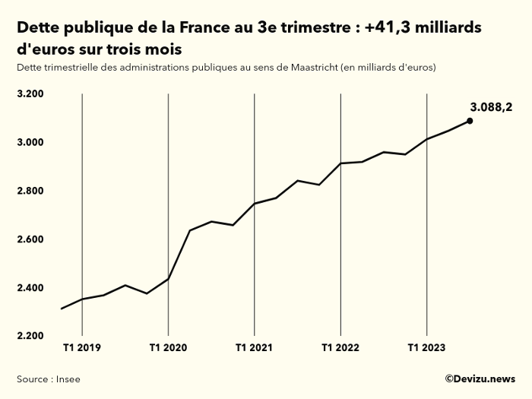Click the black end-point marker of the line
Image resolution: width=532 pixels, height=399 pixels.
pyautogui.click(x=470, y=120)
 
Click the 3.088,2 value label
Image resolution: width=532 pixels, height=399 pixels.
pyautogui.click(x=491, y=107)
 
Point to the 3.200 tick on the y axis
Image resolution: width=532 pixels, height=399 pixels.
pyautogui.click(x=31, y=94)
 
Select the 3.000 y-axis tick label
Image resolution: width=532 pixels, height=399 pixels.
pyautogui.click(x=31, y=143)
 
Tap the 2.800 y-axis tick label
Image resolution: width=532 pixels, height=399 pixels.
pyautogui.click(x=31, y=191)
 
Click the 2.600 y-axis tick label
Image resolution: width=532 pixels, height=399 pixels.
pyautogui.click(x=31, y=239)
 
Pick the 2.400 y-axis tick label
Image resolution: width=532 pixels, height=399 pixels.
pyautogui.click(x=31, y=288)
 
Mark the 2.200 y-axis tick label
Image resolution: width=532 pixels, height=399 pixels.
pyautogui.click(x=31, y=336)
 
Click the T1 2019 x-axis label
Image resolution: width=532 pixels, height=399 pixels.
pyautogui.click(x=81, y=349)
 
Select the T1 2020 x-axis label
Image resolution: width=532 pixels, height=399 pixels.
pyautogui.click(x=167, y=349)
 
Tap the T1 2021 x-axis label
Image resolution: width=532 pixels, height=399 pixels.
pyautogui.click(x=254, y=349)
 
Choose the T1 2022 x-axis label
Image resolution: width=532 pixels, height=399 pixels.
pyautogui.click(x=340, y=349)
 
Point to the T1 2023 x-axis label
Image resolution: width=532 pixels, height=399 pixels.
pyautogui.click(x=427, y=349)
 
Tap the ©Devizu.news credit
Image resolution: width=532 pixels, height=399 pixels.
pyautogui.click(x=480, y=378)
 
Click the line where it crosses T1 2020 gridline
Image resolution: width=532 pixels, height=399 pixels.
pyautogui.click(x=168, y=279)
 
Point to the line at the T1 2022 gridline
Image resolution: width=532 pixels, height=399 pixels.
pyautogui.click(x=340, y=163)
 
